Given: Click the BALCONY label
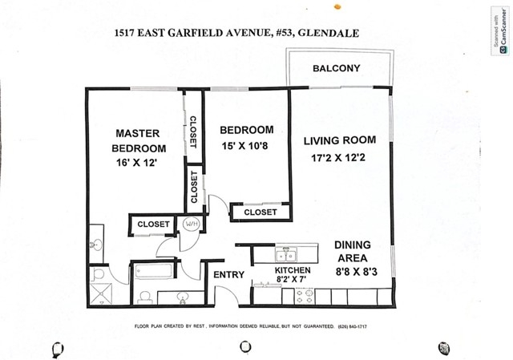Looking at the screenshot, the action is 337,68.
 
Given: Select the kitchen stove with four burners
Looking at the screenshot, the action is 305,296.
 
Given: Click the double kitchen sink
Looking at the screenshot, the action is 286,254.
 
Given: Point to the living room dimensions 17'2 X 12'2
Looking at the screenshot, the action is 338,158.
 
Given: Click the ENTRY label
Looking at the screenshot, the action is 228,274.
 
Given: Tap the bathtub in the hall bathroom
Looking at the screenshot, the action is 153,271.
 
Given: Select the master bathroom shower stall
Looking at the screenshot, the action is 101,294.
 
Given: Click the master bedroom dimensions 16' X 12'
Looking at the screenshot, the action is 137,163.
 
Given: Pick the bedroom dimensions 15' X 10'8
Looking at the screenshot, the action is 244,146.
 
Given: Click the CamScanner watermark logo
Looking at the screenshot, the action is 501,31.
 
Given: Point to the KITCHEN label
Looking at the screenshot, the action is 293,270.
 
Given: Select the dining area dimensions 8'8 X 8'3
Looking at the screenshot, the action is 356,272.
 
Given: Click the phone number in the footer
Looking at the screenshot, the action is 353,326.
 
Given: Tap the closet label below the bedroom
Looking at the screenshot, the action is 261,212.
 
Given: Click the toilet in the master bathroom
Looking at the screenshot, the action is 98,274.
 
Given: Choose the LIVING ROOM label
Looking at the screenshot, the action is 340,140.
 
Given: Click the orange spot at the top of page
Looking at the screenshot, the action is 337,6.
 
